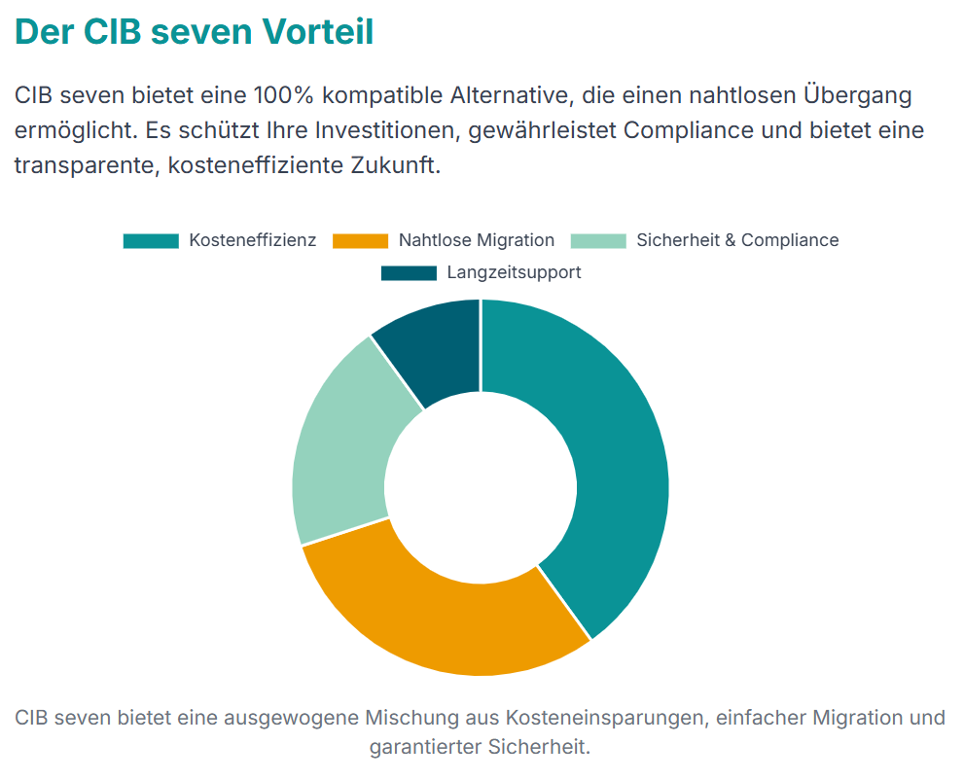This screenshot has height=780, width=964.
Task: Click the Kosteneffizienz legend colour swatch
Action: (x=151, y=240)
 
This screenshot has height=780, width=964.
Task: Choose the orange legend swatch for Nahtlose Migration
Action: (x=360, y=240)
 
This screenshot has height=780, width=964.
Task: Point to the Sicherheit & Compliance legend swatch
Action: (x=597, y=240)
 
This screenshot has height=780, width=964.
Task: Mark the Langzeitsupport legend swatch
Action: (x=409, y=273)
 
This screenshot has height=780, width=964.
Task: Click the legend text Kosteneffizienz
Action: (x=253, y=240)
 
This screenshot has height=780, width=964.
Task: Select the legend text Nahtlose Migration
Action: (x=477, y=240)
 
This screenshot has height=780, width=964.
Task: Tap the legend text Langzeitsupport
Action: (x=514, y=273)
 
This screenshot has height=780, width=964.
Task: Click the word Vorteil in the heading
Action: (x=318, y=31)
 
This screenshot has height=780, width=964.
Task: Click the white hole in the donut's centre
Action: (x=481, y=486)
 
